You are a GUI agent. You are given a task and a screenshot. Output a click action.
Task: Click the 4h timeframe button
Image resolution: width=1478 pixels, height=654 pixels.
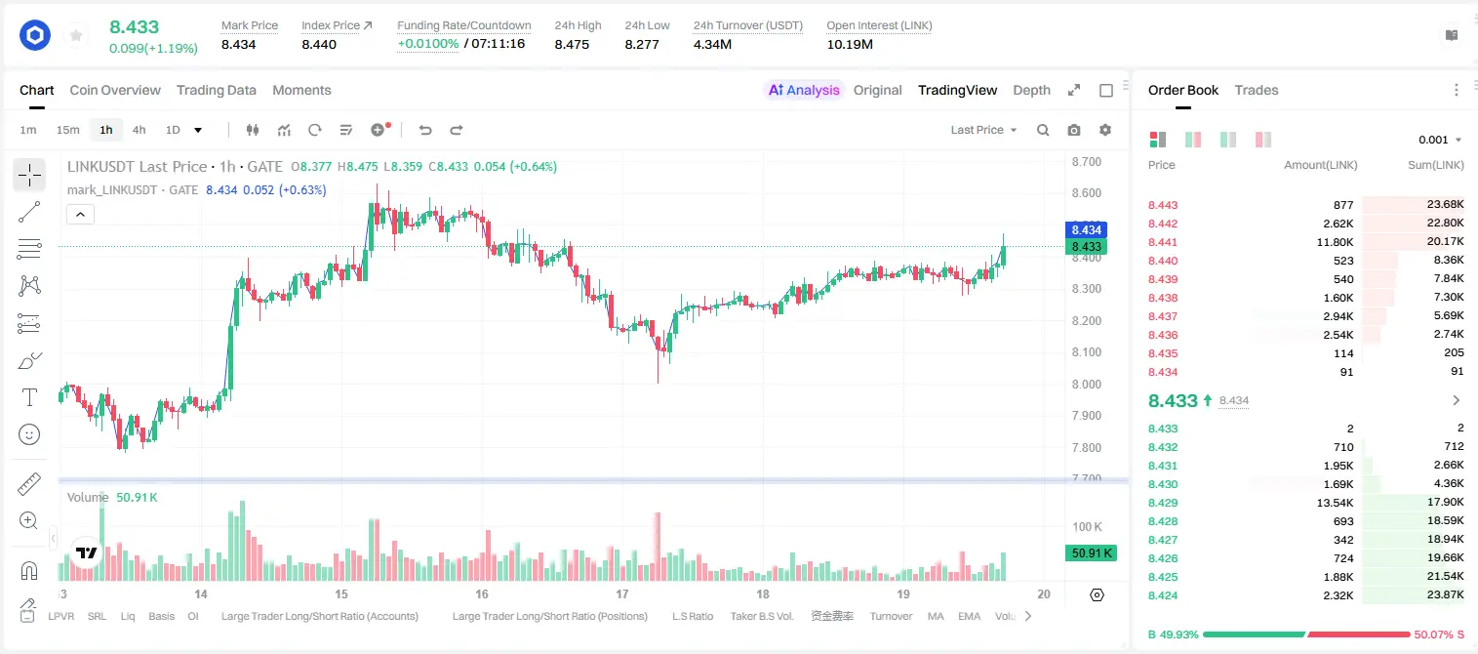139,130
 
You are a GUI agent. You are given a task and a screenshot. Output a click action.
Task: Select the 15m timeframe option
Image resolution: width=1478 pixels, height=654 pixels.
68,130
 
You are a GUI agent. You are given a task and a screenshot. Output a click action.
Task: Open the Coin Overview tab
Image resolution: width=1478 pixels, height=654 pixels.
115,90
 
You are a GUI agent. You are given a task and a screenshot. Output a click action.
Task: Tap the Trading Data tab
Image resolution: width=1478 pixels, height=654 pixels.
216,90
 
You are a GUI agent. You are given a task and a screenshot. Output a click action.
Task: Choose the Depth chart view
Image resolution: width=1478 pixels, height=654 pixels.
1031,90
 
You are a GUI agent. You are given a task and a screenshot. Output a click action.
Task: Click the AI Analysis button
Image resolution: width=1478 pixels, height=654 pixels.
804,90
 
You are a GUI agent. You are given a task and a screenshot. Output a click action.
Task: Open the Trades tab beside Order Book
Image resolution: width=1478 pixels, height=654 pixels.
1257,90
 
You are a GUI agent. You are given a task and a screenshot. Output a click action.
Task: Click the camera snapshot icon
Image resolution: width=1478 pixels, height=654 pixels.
1073,130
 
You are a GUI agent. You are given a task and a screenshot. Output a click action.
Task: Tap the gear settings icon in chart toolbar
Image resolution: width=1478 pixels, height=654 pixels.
1105,130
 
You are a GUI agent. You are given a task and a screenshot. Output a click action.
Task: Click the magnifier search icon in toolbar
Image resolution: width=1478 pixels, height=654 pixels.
1043,130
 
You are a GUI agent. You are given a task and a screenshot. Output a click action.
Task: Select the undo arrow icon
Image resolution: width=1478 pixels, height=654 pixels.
425,130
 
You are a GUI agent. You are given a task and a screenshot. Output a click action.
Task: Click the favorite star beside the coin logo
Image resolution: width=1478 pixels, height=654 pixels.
76,36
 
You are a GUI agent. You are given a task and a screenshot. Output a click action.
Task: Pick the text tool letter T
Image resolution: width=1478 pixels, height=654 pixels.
29,397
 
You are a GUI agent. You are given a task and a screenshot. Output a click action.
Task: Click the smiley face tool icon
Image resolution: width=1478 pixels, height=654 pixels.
29,434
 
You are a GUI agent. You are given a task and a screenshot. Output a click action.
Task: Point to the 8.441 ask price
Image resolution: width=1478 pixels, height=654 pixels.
1163,242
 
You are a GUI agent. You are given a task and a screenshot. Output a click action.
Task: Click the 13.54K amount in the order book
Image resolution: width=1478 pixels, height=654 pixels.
1335,503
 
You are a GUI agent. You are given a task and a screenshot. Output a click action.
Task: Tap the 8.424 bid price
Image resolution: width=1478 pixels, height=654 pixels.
1163,595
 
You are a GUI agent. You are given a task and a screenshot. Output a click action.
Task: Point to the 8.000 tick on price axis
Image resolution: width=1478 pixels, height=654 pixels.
1086,384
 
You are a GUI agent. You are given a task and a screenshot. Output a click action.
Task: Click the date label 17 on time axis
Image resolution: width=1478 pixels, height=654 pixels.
621,593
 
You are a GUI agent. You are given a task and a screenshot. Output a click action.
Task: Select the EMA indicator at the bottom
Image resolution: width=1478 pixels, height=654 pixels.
969,616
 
